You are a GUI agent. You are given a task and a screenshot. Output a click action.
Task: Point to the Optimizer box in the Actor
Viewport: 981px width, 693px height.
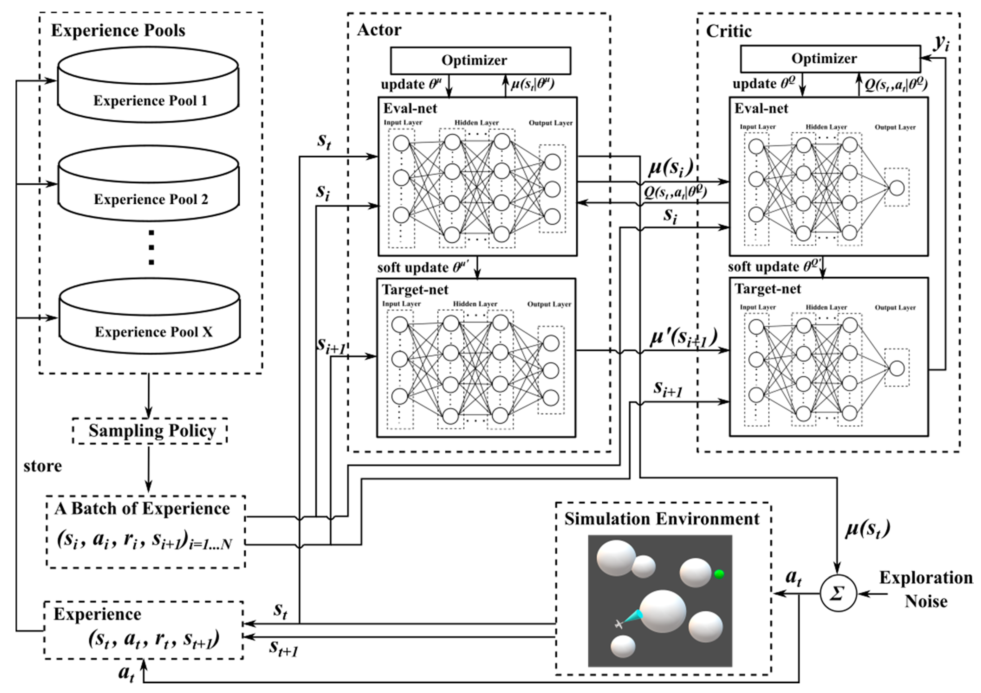(480, 60)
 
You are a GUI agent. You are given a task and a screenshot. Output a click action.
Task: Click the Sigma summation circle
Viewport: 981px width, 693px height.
(838, 593)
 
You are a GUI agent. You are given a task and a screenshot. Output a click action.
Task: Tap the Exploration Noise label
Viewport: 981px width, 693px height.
(925, 590)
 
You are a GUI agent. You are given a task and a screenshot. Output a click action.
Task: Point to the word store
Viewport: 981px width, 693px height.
(42, 466)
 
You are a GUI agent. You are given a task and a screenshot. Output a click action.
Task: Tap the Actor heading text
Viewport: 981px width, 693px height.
(379, 30)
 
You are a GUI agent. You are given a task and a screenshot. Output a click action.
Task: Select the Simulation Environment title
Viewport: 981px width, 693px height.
(662, 519)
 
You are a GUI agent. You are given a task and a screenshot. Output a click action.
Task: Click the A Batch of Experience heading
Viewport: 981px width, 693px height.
(142, 509)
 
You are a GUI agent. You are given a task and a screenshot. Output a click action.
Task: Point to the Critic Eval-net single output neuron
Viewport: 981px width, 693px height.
(897, 188)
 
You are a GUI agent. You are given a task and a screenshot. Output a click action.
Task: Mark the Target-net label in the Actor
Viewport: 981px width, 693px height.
(415, 290)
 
